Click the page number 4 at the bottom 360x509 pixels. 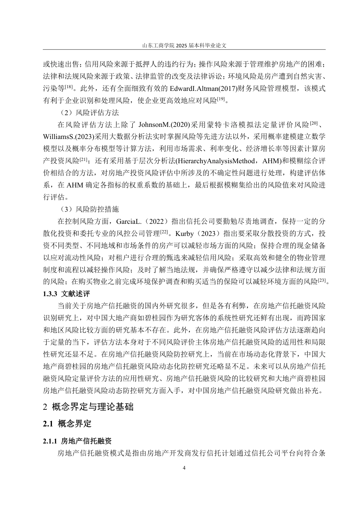coord(184,468)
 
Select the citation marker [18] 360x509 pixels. coord(69,87)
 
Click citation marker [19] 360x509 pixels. coord(221,99)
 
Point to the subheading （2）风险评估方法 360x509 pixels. coord(89,112)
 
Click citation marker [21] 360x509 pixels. coord(83,159)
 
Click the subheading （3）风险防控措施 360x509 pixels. coord(89,209)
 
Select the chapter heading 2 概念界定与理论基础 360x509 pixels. coord(88,407)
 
